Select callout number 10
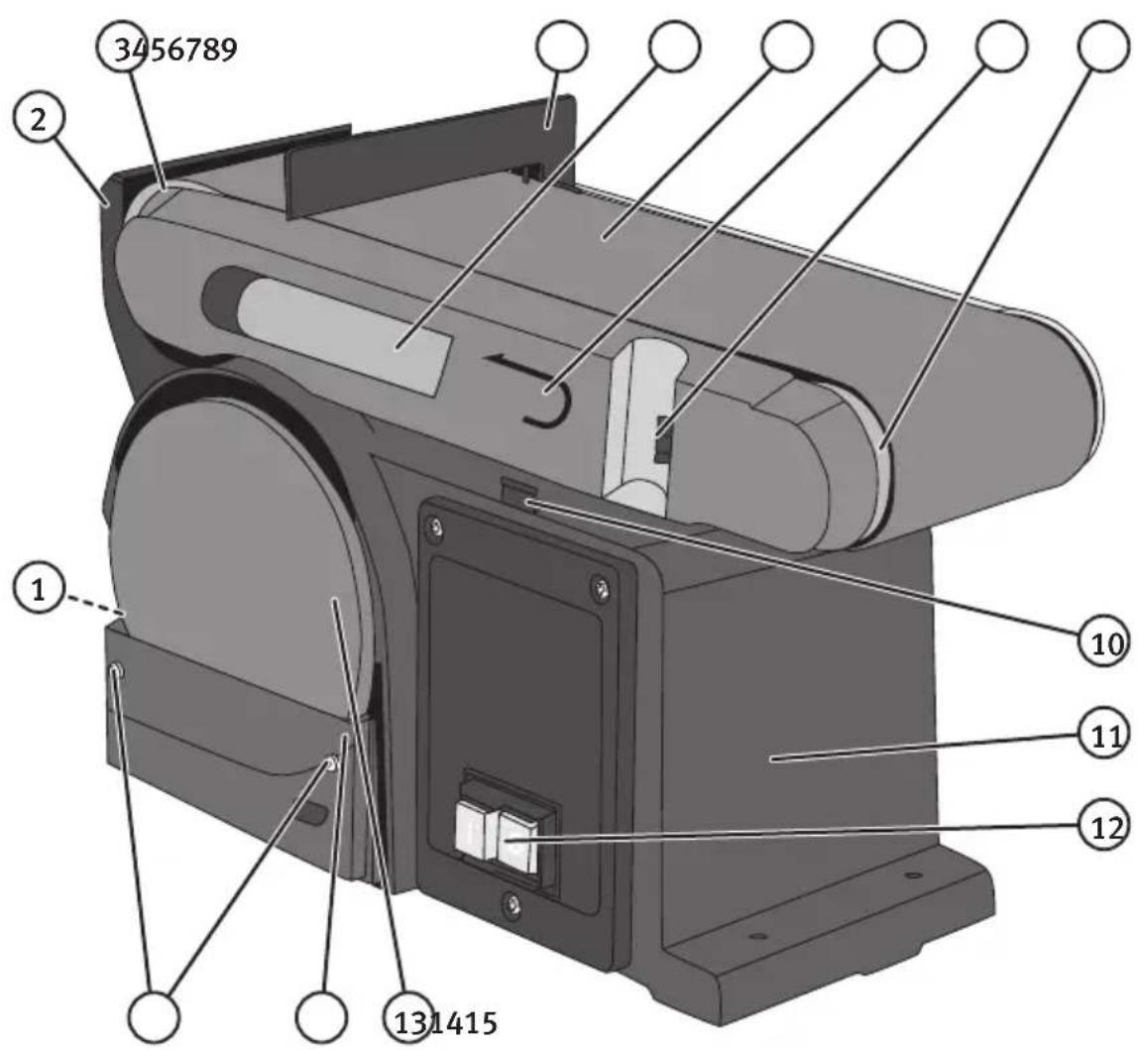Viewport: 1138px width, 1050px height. pyautogui.click(x=1104, y=642)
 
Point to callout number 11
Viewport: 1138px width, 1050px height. pyautogui.click(x=1104, y=737)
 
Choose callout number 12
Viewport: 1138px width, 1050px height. pyautogui.click(x=1104, y=827)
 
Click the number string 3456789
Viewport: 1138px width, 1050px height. pyautogui.click(x=175, y=50)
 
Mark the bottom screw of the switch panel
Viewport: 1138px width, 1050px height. pyautogui.click(x=513, y=902)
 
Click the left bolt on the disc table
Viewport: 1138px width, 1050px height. pyautogui.click(x=116, y=672)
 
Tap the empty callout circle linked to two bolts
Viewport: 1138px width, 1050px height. pyautogui.click(x=154, y=1016)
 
